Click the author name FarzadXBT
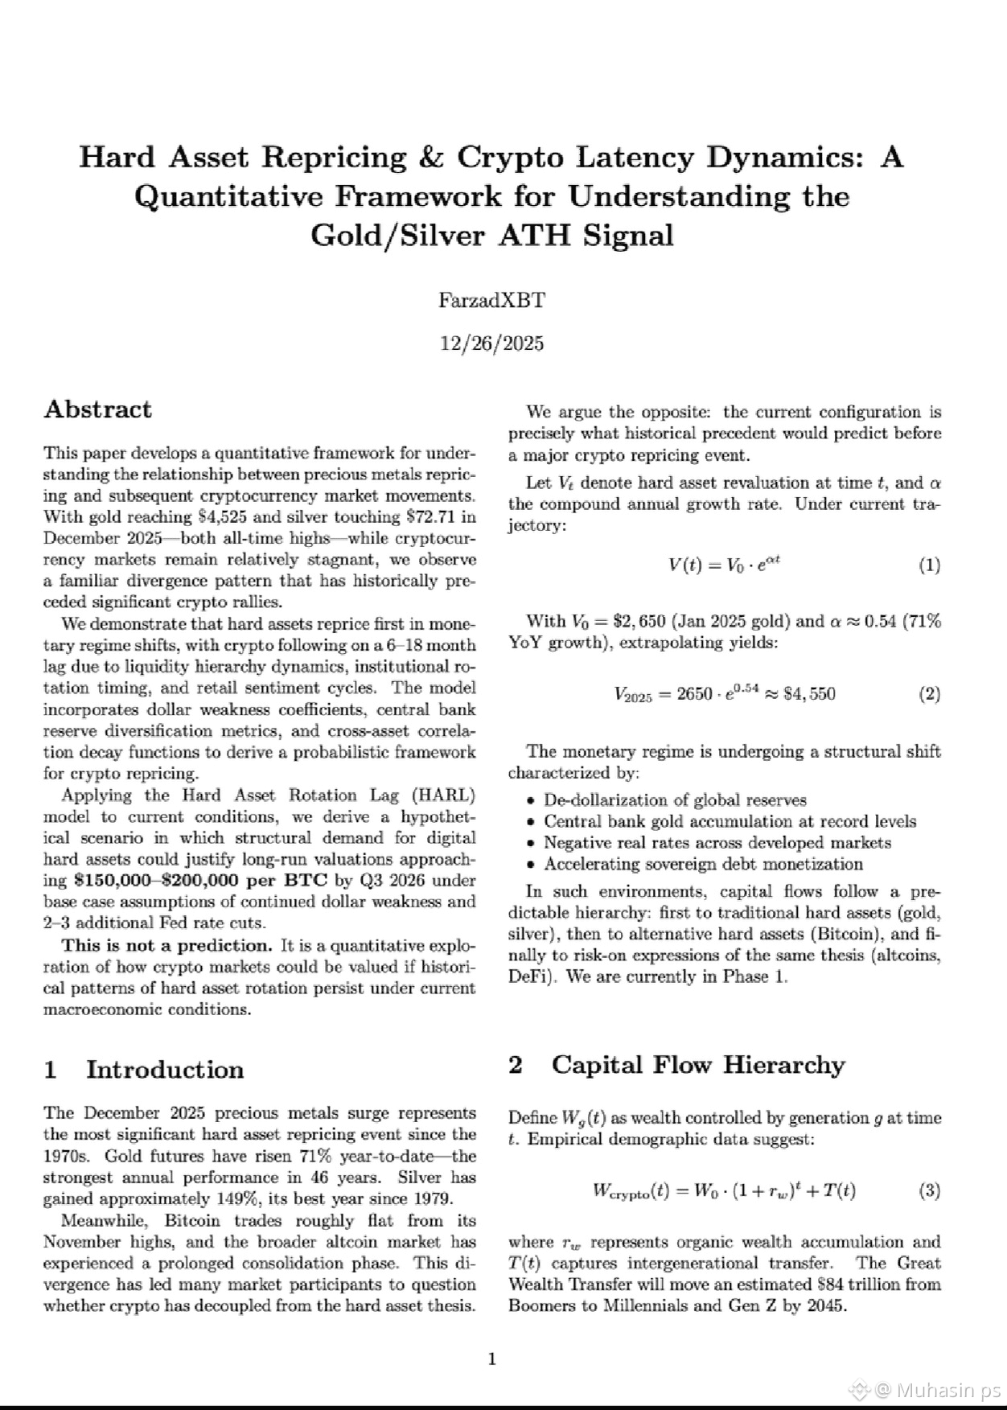click(x=491, y=301)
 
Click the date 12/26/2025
click(x=491, y=344)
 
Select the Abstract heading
click(x=97, y=409)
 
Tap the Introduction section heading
click(x=164, y=1070)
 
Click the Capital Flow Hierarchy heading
click(x=697, y=1065)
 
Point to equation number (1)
click(x=929, y=565)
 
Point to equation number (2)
click(x=929, y=694)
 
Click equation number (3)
click(x=929, y=1191)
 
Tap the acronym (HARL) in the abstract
click(x=442, y=795)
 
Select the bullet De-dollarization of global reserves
click(x=675, y=800)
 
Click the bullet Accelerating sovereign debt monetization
click(x=703, y=865)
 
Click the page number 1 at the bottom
click(x=492, y=1359)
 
